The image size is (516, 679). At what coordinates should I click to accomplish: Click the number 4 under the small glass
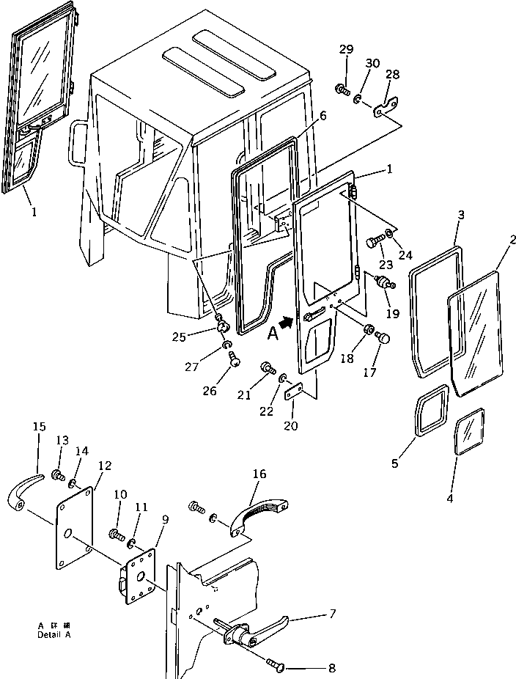coord(450,499)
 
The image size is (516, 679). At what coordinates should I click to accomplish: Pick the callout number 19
coord(393,314)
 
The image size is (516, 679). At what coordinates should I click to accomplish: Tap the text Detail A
coord(54,634)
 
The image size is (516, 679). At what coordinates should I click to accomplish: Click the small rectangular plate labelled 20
coord(295,393)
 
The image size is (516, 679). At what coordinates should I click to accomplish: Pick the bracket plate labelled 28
coord(386,109)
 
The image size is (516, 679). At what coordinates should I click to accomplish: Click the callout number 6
coord(323,116)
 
